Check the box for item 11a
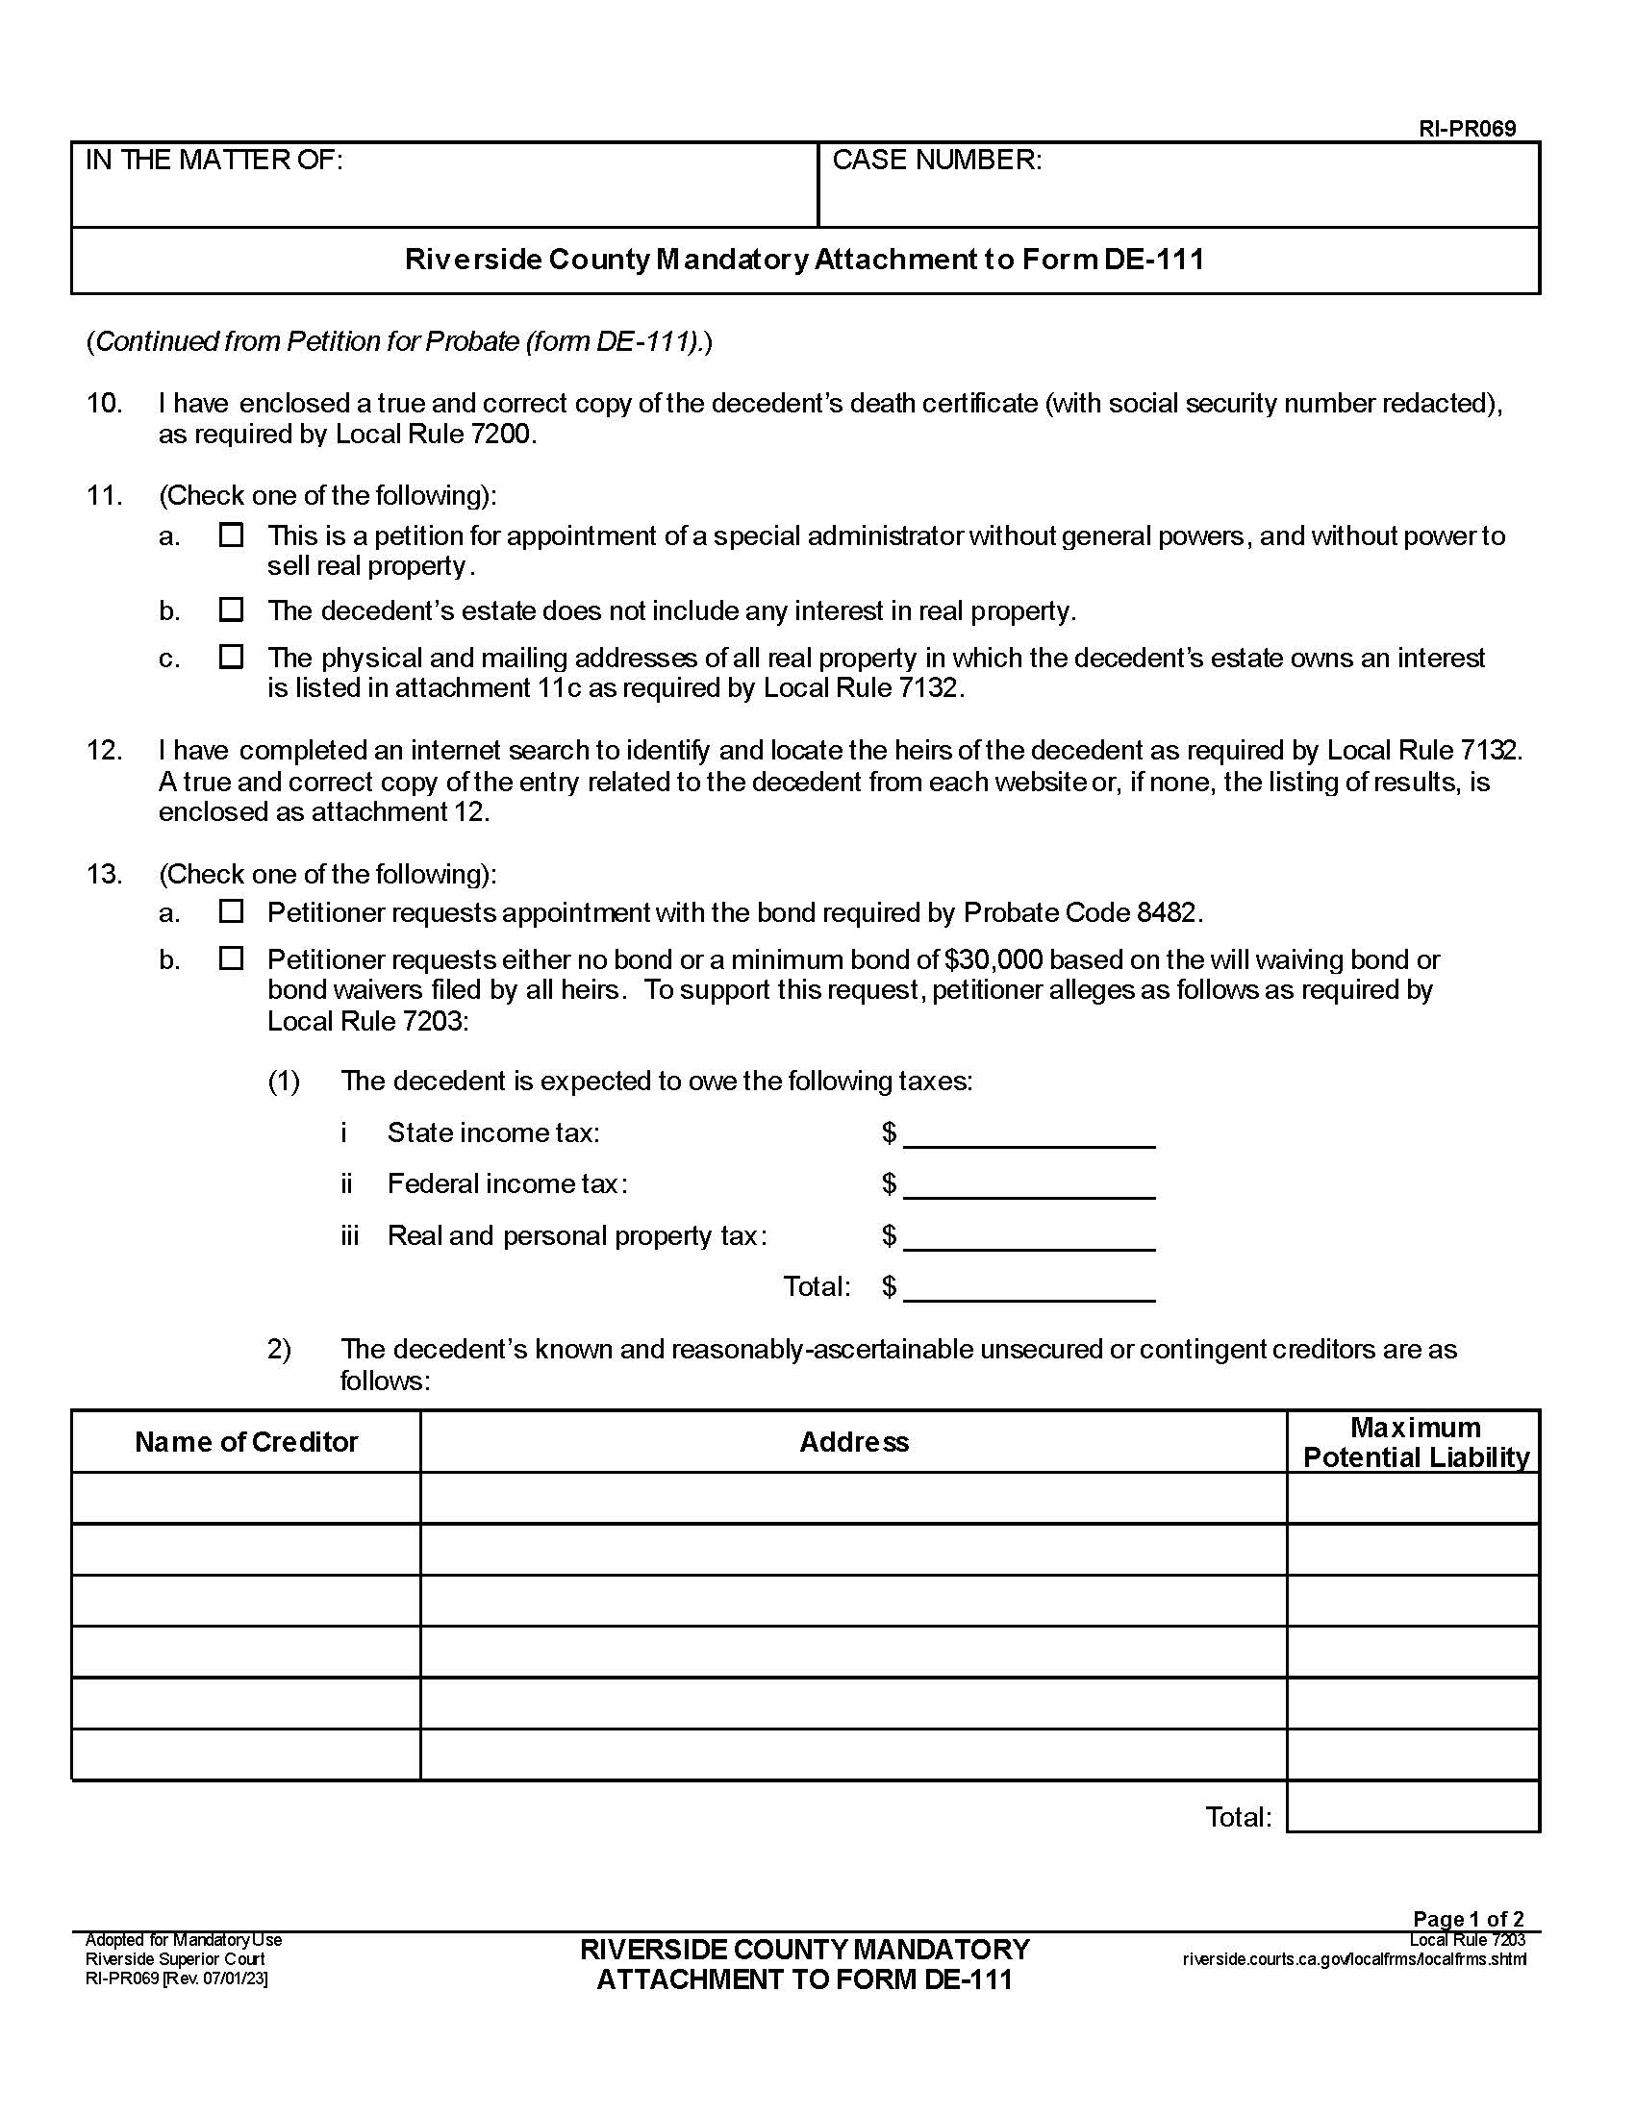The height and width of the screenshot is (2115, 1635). pyautogui.click(x=231, y=535)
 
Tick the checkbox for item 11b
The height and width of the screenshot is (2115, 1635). pyautogui.click(x=231, y=610)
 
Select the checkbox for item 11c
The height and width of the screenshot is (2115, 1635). pyautogui.click(x=231, y=657)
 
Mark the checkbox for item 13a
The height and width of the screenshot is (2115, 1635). pyautogui.click(x=231, y=911)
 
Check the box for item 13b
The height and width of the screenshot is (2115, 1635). pyautogui.click(x=231, y=958)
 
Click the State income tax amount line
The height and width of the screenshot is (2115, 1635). pyautogui.click(x=1029, y=1135)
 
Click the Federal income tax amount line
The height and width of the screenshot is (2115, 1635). pyautogui.click(x=1029, y=1186)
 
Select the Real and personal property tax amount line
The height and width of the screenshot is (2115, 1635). pyautogui.click(x=1029, y=1237)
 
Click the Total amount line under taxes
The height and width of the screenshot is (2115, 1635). pyautogui.click(x=1029, y=1289)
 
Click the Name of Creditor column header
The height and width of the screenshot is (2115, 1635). pyautogui.click(x=246, y=1442)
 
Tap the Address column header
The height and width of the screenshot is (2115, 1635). pyautogui.click(x=853, y=1442)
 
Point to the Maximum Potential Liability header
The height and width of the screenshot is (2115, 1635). pyautogui.click(x=1413, y=1442)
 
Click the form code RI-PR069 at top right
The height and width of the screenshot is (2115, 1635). pyautogui.click(x=1467, y=129)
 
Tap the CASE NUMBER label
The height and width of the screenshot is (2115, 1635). pyautogui.click(x=937, y=161)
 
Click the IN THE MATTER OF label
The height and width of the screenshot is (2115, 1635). pyautogui.click(x=214, y=161)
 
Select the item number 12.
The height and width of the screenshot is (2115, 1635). pyautogui.click(x=105, y=751)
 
